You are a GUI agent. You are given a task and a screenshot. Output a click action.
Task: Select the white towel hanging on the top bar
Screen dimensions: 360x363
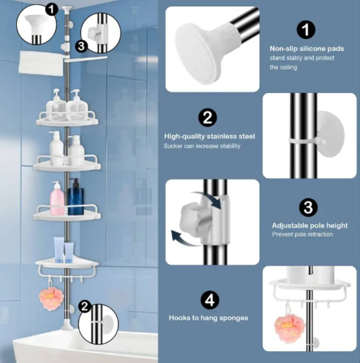tap(41, 63)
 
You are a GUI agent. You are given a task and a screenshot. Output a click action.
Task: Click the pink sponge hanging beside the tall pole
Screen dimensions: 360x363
tap(51, 298)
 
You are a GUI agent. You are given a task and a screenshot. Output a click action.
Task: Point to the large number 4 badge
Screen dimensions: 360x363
tap(210, 300)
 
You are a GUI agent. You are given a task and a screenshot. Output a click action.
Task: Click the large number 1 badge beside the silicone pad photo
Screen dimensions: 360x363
tap(306, 30)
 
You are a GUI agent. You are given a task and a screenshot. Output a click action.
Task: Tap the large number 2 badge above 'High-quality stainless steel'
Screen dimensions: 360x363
tap(207, 118)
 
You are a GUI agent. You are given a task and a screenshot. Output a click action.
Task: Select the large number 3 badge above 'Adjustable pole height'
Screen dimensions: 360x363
tap(308, 207)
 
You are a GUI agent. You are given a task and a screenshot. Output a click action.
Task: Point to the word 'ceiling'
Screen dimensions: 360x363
tap(289, 68)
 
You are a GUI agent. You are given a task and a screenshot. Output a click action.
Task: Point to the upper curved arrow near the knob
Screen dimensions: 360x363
tap(207, 198)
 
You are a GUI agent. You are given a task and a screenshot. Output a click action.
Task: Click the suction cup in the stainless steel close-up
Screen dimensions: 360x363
tap(330, 134)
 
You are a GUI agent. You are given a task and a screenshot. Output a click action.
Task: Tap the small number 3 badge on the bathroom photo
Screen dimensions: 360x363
tap(81, 46)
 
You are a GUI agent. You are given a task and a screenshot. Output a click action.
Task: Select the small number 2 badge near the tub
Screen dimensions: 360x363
tap(85, 306)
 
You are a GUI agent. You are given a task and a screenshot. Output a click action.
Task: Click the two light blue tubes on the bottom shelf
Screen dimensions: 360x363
tap(64, 250)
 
